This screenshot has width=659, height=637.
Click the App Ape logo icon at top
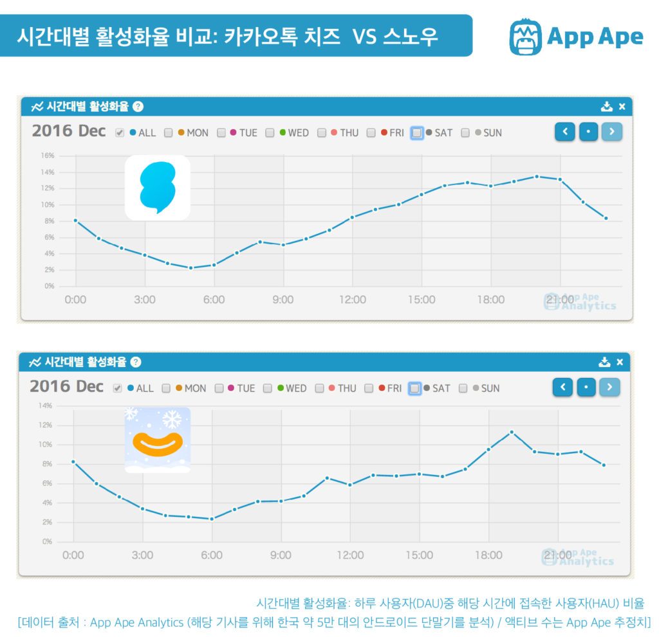(x=525, y=37)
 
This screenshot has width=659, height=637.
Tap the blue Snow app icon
(x=158, y=188)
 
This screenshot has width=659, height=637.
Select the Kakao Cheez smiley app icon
(x=158, y=440)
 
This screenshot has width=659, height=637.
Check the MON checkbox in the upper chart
(x=169, y=133)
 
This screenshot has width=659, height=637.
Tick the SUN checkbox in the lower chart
(x=463, y=388)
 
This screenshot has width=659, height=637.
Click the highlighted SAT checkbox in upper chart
(x=417, y=133)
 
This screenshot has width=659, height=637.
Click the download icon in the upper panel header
(x=606, y=107)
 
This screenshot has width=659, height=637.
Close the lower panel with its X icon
(x=620, y=363)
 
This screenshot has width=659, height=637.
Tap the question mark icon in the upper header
(x=138, y=107)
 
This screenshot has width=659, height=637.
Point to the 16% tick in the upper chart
(x=49, y=156)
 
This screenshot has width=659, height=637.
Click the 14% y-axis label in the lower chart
(x=46, y=406)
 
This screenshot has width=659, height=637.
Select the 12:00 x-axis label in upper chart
(x=352, y=300)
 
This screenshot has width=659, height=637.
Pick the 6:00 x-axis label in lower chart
(x=212, y=555)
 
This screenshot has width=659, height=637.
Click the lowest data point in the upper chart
(x=190, y=268)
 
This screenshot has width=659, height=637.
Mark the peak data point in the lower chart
(x=512, y=432)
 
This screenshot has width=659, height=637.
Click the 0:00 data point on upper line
(x=76, y=220)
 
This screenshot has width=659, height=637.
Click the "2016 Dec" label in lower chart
(x=66, y=387)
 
